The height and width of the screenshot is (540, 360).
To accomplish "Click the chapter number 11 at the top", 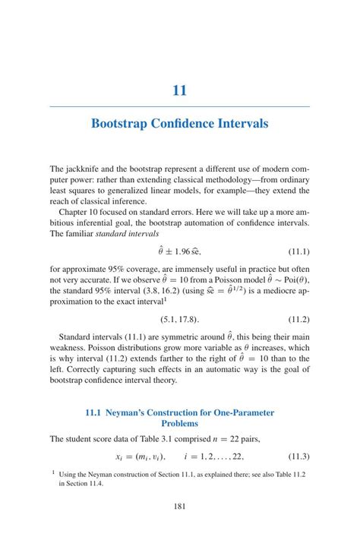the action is point(179,90).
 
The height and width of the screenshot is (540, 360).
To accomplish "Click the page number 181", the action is point(179,507).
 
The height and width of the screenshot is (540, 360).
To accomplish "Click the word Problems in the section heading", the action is point(179,424).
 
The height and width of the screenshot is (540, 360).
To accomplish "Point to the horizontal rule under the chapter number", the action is point(179,107).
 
